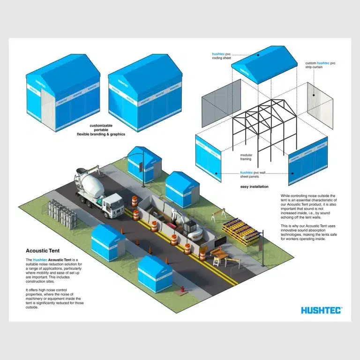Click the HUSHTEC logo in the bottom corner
coord(322,310)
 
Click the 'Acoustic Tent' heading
coord(43,251)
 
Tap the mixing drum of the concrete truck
coord(92,182)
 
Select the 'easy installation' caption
coord(255,187)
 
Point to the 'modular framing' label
coord(246,157)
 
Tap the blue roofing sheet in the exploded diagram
coord(264,64)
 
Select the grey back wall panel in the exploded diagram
coord(221,103)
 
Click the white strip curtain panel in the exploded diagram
coord(320,105)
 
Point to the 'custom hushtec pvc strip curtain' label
coord(320,65)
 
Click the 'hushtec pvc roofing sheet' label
coord(221,56)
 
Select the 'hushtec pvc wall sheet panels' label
coord(253,174)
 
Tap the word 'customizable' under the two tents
coord(101,126)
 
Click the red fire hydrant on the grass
coord(182,289)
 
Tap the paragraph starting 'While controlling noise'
coord(308,206)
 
